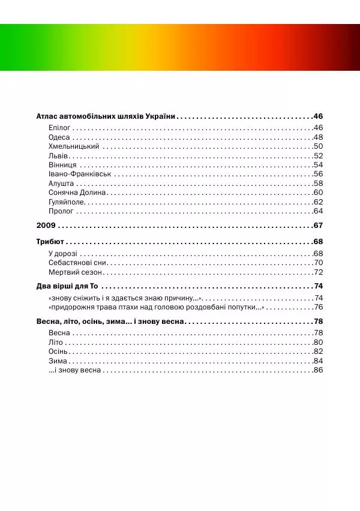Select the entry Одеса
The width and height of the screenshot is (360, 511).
59,137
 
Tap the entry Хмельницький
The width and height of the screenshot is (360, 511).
74,146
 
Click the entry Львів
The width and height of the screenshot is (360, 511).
58,156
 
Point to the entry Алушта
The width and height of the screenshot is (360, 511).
61,184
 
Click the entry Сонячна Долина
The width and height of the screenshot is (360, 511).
77,193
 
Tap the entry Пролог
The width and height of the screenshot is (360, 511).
61,211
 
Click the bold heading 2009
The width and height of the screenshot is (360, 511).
46,226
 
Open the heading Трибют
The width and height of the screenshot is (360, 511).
50,242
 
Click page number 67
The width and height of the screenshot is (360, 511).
318,226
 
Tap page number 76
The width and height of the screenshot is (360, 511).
319,307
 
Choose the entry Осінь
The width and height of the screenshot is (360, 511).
58,351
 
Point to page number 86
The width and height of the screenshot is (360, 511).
319,370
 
